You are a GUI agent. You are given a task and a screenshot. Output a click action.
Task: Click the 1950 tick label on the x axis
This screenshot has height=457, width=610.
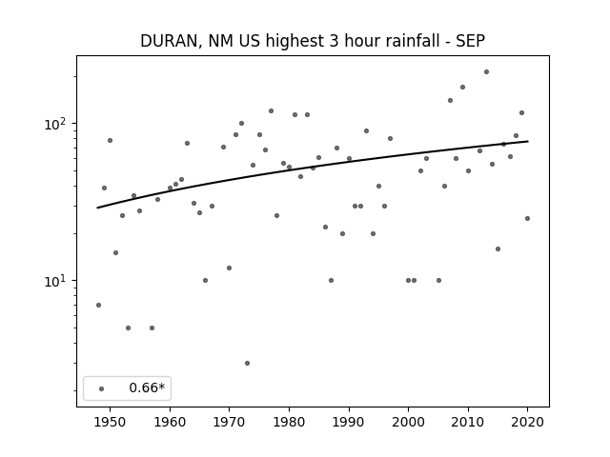111,422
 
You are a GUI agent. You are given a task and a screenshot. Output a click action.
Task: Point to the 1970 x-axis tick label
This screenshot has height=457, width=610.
229,422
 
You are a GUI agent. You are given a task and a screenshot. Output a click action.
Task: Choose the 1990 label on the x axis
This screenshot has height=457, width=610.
349,422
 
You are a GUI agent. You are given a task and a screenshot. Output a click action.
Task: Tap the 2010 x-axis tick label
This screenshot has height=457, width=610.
468,422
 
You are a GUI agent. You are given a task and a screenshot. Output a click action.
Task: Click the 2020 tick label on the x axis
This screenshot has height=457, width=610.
527,422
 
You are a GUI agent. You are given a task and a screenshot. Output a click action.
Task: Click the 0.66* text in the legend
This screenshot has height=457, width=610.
147,387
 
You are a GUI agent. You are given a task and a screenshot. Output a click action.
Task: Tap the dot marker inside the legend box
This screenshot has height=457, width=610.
102,388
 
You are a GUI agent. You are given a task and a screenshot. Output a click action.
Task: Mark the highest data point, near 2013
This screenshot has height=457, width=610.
486,72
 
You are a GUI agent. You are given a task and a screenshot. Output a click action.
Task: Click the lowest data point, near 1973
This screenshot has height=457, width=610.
247,364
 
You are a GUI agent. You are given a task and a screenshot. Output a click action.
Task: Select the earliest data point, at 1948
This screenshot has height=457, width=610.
98,305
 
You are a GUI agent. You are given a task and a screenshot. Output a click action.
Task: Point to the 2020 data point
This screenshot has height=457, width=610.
527,218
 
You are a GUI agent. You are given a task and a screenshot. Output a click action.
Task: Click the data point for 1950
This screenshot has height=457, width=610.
111,140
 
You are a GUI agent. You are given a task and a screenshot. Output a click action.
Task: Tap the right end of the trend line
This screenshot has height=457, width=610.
528,141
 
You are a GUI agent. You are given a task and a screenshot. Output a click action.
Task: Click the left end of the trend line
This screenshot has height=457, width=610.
97,208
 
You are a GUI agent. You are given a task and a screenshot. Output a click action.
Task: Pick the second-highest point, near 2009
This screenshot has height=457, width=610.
462,87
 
